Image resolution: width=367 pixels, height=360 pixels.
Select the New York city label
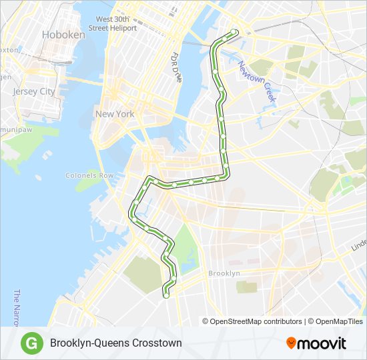114,114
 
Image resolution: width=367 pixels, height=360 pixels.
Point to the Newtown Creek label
257,81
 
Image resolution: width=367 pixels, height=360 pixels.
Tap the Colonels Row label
90,175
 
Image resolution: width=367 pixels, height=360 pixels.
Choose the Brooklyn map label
224,273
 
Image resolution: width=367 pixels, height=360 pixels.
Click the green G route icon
30,343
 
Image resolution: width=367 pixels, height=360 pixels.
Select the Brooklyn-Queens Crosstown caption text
115,343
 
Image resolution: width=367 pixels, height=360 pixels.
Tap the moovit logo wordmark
322,343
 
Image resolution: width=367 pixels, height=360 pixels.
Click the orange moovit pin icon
291,343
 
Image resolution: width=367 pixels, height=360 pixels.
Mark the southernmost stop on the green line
166,291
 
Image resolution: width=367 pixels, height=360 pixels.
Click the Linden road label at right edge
359,245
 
